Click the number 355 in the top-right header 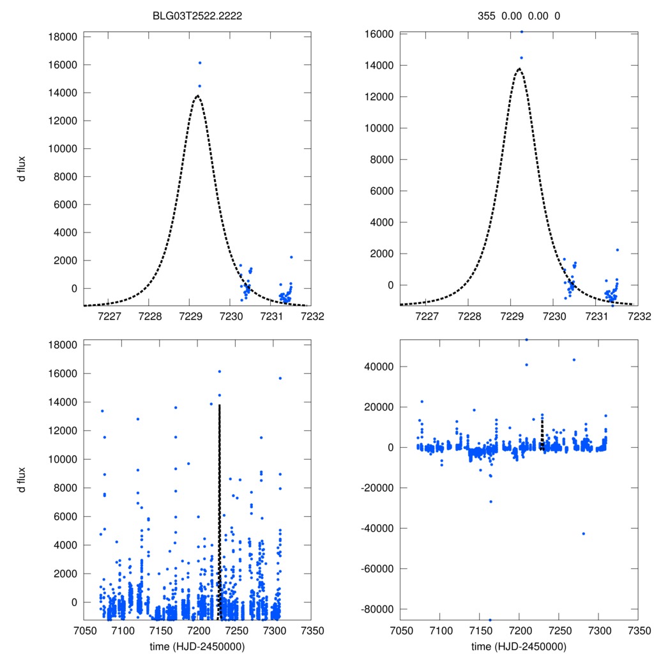[x=487, y=17]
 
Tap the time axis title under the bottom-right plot [x=519, y=646]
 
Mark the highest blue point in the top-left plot [x=200, y=63]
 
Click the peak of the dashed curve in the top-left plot [x=197, y=96]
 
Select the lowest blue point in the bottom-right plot [x=490, y=620]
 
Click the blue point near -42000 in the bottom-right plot [x=583, y=533]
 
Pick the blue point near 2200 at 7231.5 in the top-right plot [x=618, y=250]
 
